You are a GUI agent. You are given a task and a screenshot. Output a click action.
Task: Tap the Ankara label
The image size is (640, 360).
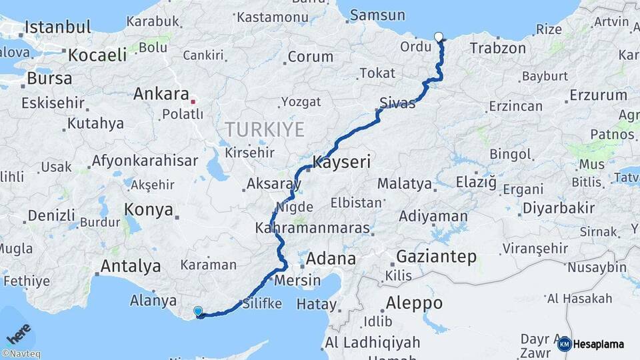(x=161, y=93)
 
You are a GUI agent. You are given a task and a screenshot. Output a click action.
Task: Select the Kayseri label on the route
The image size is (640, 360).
(x=341, y=162)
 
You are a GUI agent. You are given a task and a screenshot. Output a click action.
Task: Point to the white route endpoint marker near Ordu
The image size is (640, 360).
(x=439, y=37)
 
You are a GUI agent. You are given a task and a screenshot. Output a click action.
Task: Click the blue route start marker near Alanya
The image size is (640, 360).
(x=197, y=311)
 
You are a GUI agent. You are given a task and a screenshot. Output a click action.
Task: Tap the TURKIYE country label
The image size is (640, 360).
(x=264, y=129)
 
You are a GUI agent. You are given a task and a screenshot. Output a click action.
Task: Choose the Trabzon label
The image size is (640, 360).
(x=497, y=48)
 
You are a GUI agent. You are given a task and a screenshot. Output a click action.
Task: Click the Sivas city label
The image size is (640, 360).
(x=397, y=103)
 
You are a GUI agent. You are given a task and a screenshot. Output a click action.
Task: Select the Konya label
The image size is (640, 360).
(x=149, y=210)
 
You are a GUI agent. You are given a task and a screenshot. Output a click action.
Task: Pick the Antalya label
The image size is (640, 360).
(x=130, y=266)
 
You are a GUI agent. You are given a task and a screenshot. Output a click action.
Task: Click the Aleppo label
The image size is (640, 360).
(x=414, y=303)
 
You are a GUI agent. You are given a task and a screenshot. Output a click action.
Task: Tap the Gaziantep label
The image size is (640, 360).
(x=436, y=256)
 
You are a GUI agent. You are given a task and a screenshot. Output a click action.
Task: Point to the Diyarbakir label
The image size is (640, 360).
(x=558, y=208)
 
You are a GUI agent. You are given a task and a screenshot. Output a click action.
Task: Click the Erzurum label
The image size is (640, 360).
(x=599, y=95)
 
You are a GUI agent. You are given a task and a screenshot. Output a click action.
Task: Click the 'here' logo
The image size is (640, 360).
(x=18, y=333)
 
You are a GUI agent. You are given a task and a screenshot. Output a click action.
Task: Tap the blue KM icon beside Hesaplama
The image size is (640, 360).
(x=564, y=344)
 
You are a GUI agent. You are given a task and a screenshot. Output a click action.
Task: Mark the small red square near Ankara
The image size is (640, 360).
(x=193, y=102)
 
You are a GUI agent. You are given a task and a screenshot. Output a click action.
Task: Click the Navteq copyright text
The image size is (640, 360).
(x=21, y=354)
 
